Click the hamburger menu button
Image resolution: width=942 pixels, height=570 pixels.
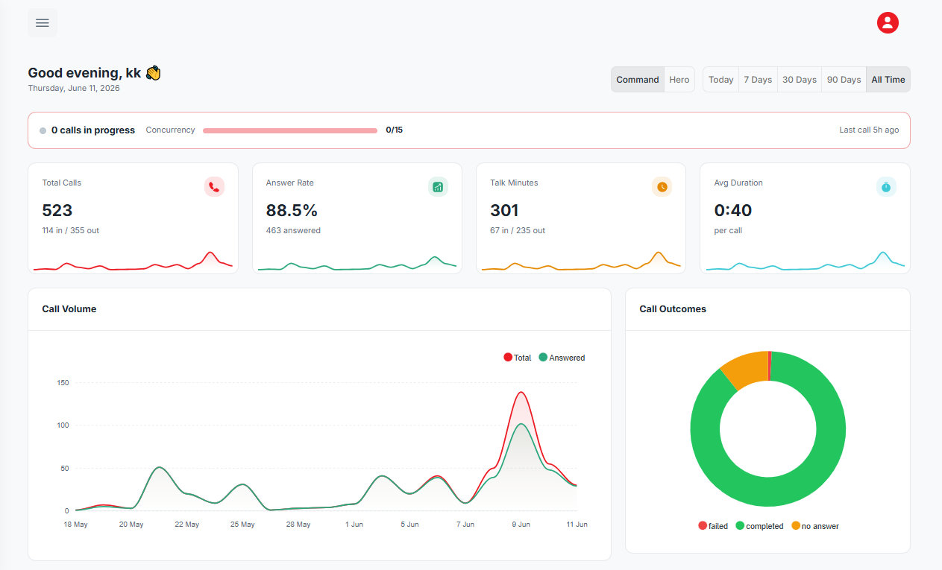(x=42, y=22)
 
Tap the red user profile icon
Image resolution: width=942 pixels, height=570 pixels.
(x=888, y=22)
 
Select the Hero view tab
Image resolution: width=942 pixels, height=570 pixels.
(x=679, y=80)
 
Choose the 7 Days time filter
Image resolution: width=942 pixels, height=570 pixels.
(x=758, y=80)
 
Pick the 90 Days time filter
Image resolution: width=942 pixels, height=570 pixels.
(x=844, y=80)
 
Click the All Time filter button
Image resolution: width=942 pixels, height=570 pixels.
(x=888, y=80)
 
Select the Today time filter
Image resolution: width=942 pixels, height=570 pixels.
(x=720, y=80)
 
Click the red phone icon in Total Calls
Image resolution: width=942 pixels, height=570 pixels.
(x=215, y=187)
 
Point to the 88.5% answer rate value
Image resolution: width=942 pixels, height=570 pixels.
(x=292, y=210)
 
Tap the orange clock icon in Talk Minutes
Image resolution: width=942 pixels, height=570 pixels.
(x=662, y=187)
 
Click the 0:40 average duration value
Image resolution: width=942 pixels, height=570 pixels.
(x=732, y=210)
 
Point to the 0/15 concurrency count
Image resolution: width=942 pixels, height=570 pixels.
(x=394, y=130)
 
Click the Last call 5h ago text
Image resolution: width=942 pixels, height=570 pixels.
(x=869, y=130)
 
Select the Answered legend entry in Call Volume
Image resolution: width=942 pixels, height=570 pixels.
(x=562, y=358)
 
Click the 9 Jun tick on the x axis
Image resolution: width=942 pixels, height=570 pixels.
(x=521, y=525)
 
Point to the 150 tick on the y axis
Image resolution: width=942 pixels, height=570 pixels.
(x=63, y=383)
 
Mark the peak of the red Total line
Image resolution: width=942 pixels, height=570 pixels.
(x=521, y=392)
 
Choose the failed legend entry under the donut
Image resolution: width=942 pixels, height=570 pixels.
(x=713, y=526)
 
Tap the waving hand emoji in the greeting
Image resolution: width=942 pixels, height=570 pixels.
(x=153, y=73)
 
